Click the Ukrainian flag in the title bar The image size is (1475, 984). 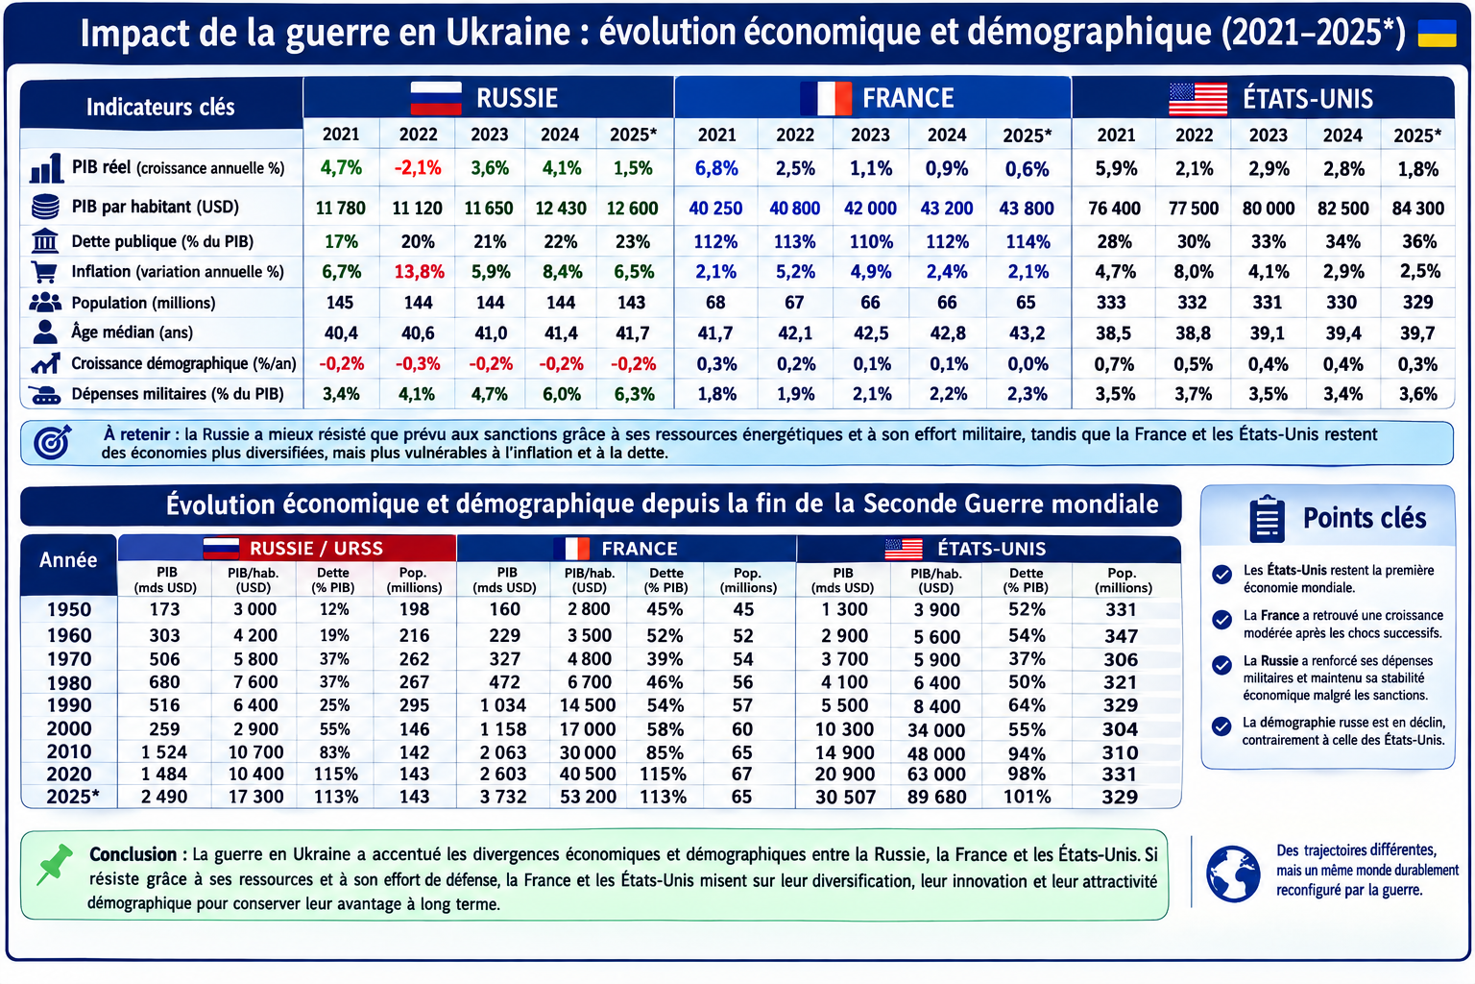[x=1437, y=33]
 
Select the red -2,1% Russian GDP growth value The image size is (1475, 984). [x=418, y=168]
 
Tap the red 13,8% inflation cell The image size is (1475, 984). [x=419, y=272]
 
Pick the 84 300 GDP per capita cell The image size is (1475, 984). [x=1417, y=209]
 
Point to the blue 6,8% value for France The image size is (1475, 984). [x=716, y=169]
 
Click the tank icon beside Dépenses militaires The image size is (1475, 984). [x=45, y=394]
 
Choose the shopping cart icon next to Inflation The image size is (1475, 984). [x=45, y=271]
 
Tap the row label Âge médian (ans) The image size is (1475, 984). [x=132, y=332]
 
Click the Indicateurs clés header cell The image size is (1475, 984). [x=160, y=107]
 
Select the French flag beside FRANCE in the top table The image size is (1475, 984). [x=826, y=98]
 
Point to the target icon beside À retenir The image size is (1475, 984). [x=53, y=442]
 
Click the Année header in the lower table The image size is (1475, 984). [x=68, y=559]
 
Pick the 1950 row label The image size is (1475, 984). [x=69, y=609]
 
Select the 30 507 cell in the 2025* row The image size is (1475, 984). [x=845, y=798]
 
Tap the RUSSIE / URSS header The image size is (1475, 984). [x=316, y=549]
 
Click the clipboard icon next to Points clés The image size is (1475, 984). [x=1267, y=519]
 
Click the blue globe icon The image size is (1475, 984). [x=1233, y=873]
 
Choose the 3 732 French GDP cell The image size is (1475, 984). [x=503, y=797]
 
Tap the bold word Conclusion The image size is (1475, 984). [x=133, y=854]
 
